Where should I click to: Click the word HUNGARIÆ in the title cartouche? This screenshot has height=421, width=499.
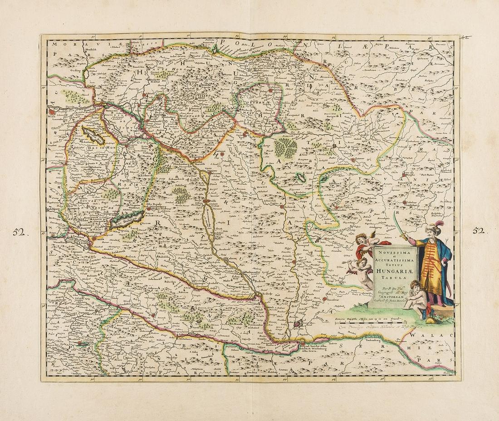tap(386, 271)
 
